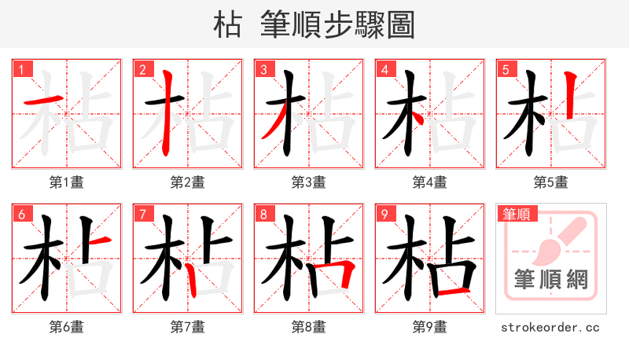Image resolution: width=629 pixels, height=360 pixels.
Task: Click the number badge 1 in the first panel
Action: click(22, 70)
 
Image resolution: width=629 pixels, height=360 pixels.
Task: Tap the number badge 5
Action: click(506, 70)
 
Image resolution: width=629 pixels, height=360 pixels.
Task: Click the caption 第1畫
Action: click(67, 182)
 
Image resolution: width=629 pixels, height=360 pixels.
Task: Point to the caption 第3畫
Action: click(309, 182)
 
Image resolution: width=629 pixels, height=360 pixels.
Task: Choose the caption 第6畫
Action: click(67, 327)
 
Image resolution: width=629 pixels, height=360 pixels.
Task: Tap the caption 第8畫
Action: click(309, 327)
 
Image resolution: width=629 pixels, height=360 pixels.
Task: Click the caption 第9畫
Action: click(430, 327)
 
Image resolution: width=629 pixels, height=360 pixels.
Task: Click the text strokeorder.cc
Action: click(551, 327)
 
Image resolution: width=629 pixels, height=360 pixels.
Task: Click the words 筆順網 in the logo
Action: click(551, 280)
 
